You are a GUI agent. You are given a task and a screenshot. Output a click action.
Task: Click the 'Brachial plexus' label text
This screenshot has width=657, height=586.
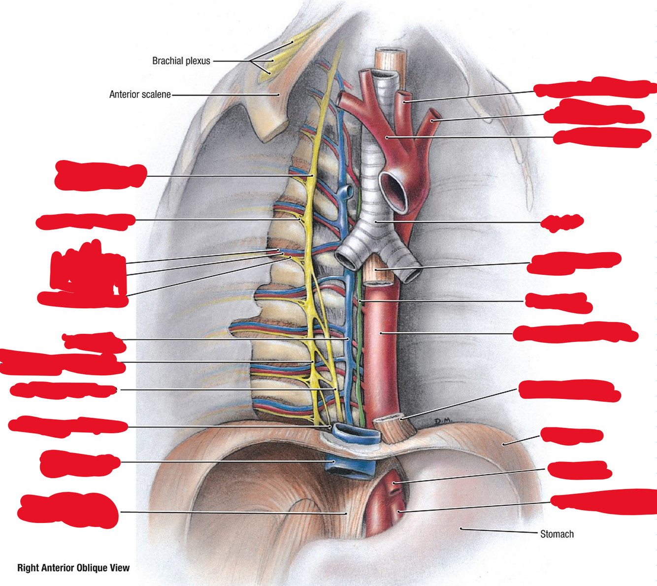click(181, 61)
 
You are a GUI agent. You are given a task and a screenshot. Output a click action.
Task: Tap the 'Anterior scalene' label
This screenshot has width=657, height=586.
click(140, 94)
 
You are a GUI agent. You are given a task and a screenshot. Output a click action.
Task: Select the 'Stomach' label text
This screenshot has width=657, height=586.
click(557, 534)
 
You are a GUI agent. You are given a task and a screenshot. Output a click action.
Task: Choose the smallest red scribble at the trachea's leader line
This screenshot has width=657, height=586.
click(561, 223)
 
